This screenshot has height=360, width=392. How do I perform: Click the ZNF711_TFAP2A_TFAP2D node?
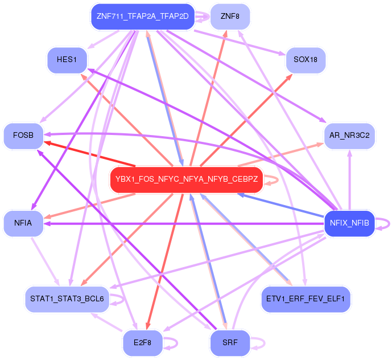(x=142, y=16)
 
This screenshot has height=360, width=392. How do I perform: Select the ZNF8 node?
(x=229, y=16)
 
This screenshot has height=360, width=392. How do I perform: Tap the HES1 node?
(x=67, y=59)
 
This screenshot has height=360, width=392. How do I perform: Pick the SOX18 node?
(x=306, y=59)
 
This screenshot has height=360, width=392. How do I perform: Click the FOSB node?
(x=23, y=136)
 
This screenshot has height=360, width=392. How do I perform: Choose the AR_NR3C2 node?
(x=349, y=136)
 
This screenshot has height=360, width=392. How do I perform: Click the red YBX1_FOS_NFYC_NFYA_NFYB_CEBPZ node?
(x=187, y=179)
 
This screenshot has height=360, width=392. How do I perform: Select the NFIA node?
(x=23, y=223)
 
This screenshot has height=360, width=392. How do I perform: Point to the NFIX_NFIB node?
(x=349, y=223)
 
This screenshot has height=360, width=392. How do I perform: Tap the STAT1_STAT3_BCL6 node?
(x=67, y=298)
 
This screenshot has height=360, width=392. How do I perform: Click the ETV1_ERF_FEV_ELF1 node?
(x=306, y=298)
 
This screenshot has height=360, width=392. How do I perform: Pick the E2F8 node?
(x=142, y=343)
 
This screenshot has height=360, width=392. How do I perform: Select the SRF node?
(x=229, y=343)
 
